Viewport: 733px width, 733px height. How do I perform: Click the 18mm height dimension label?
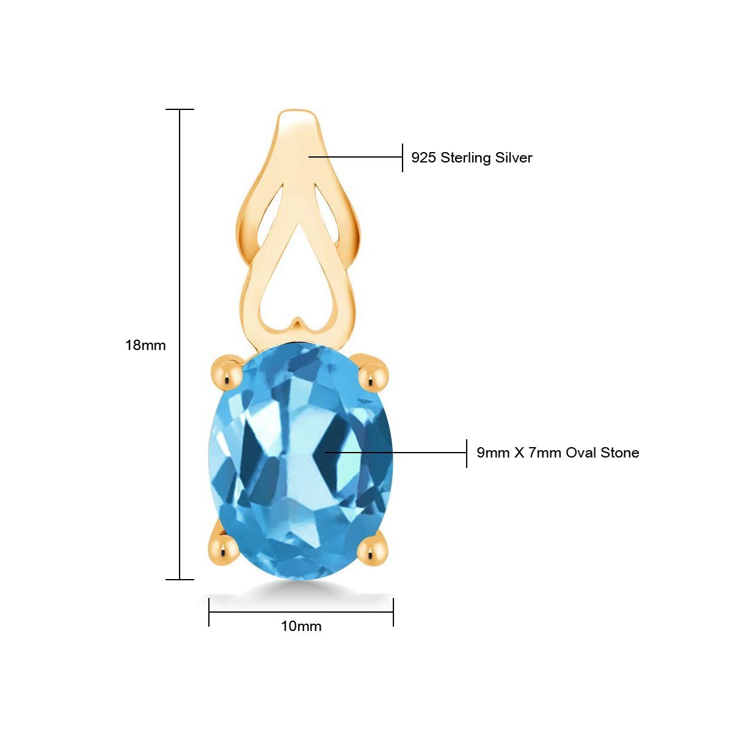click(145, 345)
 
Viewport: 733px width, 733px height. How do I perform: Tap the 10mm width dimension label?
click(301, 626)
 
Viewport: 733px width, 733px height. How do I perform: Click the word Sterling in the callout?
click(466, 158)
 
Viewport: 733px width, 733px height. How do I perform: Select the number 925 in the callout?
click(423, 158)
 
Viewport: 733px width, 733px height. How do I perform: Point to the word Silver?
click(514, 158)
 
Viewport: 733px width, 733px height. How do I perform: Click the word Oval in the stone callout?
click(581, 453)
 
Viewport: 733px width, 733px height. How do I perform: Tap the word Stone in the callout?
click(620, 453)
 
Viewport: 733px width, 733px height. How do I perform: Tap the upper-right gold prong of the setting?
click(373, 374)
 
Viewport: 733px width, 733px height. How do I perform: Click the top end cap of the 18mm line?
click(180, 109)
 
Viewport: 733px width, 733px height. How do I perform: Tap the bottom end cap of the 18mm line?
click(180, 579)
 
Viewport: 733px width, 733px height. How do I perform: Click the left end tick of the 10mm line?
click(209, 612)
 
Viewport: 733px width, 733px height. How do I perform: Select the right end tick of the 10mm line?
click(393, 612)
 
